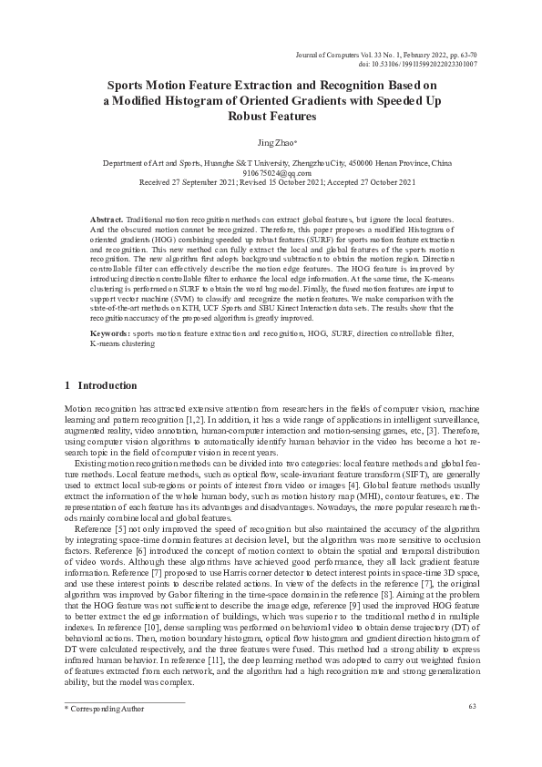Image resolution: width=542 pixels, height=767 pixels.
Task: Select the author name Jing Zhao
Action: [x=271, y=143]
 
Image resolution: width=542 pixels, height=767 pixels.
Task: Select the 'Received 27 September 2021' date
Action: [x=187, y=181]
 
